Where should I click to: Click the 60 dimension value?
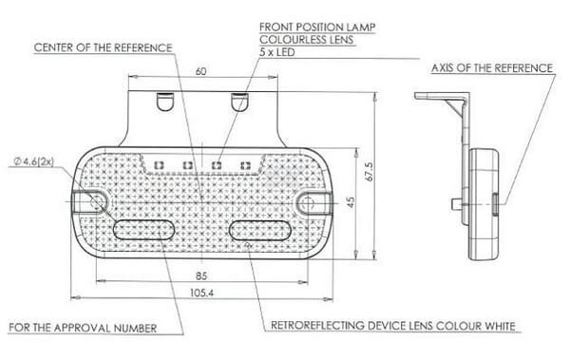click(x=201, y=71)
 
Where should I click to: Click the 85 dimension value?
click(x=201, y=276)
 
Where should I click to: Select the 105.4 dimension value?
click(x=201, y=293)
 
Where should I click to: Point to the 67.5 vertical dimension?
click(x=369, y=172)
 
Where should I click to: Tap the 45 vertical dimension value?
click(x=351, y=202)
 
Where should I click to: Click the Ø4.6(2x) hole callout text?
click(x=34, y=161)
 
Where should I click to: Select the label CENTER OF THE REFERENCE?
click(x=103, y=47)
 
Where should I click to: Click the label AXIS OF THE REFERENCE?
click(x=492, y=68)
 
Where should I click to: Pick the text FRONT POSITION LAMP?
click(x=317, y=27)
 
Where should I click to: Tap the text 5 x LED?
click(x=277, y=52)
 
